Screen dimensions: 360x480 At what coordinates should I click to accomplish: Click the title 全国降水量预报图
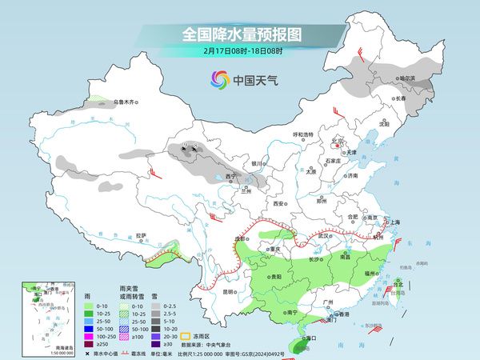[x=239, y=34]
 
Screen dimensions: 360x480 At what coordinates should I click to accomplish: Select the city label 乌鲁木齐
[x=126, y=102]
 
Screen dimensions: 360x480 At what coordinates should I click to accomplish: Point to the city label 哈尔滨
[x=407, y=78]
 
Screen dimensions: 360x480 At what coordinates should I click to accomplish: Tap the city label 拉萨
[x=141, y=235]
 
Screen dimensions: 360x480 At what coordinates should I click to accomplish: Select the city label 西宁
[x=231, y=176]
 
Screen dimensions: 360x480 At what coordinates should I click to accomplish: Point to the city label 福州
[x=370, y=274]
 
